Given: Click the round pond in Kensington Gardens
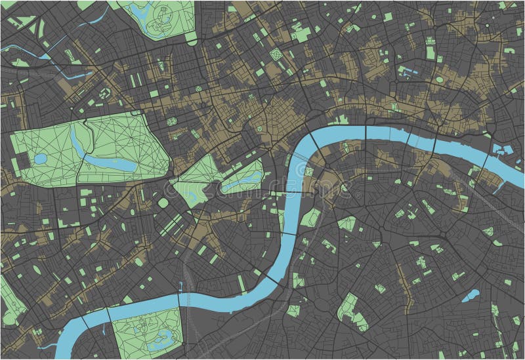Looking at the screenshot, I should click(x=40, y=159).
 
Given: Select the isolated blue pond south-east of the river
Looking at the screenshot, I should click(x=470, y=296).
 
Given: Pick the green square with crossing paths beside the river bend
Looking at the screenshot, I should click(x=308, y=172).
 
